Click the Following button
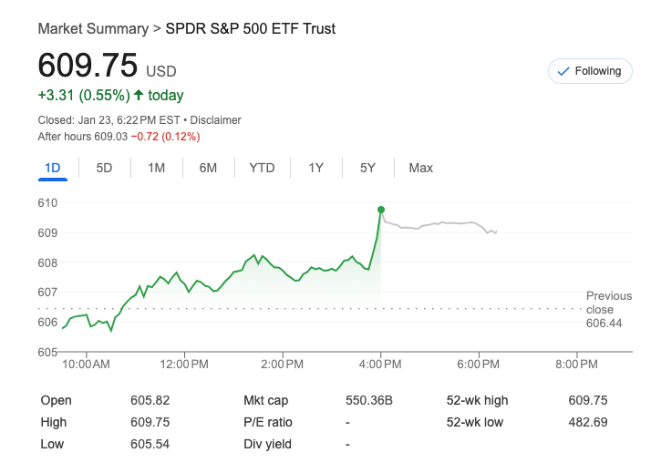[x=590, y=71]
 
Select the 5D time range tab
[x=104, y=168]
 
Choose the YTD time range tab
[x=262, y=168]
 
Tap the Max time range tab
[x=420, y=168]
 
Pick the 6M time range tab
[x=208, y=168]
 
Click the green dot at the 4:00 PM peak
[x=380, y=210]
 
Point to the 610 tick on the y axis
[x=47, y=202]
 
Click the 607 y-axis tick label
[x=47, y=293]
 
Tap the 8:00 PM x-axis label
[x=576, y=365]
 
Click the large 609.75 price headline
[x=88, y=66]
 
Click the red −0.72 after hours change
[x=165, y=137]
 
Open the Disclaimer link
[x=215, y=120]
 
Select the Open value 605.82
[x=150, y=400]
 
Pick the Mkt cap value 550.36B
[x=369, y=400]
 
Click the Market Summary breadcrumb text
[x=93, y=29]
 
